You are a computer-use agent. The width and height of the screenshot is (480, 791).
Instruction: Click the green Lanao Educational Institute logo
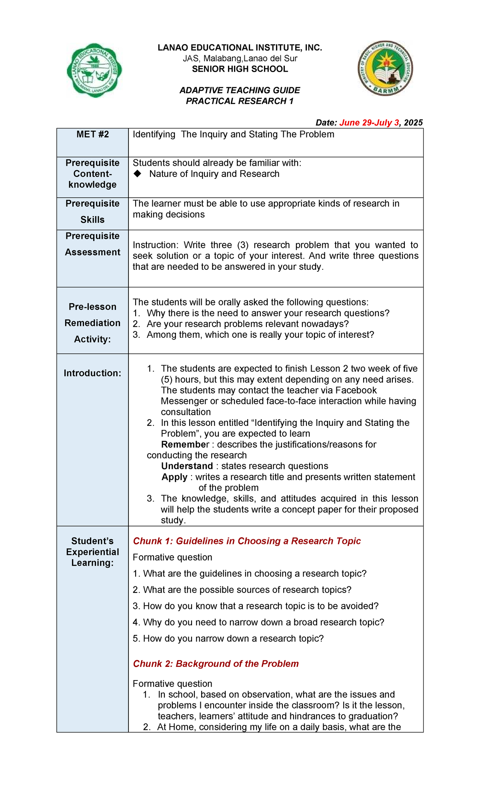[x=94, y=70]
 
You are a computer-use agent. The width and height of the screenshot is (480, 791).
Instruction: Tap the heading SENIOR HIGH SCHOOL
[x=240, y=69]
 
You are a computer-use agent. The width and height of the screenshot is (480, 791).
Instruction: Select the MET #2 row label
[x=92, y=135]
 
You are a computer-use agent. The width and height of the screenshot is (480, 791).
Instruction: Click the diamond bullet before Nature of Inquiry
[x=138, y=174]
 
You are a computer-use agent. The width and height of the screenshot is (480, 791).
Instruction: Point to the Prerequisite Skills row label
[x=92, y=212]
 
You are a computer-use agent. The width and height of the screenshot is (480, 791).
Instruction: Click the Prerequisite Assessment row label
[x=92, y=244]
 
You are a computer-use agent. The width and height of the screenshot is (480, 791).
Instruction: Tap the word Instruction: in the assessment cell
[x=155, y=245]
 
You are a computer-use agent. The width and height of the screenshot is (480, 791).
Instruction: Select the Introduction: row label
[x=92, y=373]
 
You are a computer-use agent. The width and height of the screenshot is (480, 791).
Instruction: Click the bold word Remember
[x=185, y=444]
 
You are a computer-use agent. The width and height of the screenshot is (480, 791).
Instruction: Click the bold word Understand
[x=187, y=466]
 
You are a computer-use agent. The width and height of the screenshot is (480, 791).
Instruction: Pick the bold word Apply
[x=174, y=477]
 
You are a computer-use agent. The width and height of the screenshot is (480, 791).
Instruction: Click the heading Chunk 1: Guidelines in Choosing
[x=246, y=541]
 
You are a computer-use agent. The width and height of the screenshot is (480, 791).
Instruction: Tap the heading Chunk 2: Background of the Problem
[x=216, y=664]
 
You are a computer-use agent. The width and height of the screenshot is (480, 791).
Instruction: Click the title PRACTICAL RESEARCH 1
[x=240, y=101]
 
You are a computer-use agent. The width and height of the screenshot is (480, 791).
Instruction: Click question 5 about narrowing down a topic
[x=228, y=638]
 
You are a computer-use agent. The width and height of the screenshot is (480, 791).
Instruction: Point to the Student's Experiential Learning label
[x=92, y=552]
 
